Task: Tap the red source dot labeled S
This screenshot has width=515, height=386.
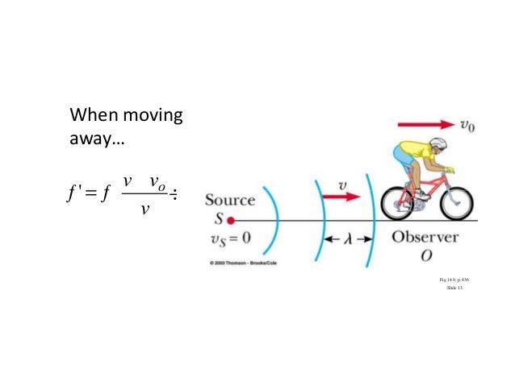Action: [231, 220]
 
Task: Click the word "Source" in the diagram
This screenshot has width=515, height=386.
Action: [230, 200]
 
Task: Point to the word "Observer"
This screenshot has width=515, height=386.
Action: [425, 239]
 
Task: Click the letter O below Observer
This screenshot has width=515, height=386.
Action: [425, 256]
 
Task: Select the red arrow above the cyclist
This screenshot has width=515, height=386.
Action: [425, 125]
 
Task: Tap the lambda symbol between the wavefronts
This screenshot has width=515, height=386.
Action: [345, 239]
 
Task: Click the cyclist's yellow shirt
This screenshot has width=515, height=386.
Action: [408, 156]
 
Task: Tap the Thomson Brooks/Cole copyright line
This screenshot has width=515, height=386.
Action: [242, 264]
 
